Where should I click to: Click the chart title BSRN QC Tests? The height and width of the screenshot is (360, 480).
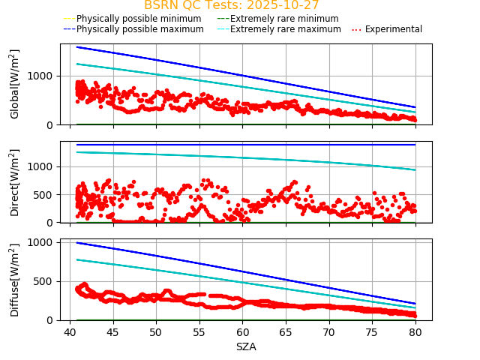231,5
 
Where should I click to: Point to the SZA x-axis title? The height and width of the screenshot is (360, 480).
246,346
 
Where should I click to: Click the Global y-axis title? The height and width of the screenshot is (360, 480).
15,84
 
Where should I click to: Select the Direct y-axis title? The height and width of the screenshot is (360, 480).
15,182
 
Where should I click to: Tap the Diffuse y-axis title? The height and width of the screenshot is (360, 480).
15,280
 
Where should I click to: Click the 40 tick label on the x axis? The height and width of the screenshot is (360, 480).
69,331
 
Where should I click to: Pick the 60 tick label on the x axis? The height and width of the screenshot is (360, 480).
242,331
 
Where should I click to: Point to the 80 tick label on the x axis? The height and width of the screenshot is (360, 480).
415,331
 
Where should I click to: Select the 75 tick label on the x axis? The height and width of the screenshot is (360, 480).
372,331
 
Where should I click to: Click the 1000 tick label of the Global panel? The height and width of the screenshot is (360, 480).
43,76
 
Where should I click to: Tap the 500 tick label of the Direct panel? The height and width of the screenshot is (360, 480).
46,195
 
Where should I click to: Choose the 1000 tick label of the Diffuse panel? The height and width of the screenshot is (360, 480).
43,242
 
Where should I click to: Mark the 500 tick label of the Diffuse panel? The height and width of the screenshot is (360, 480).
46,281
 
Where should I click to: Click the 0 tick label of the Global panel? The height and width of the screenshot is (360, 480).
52,124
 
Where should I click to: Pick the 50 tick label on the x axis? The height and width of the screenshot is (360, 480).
155,331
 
